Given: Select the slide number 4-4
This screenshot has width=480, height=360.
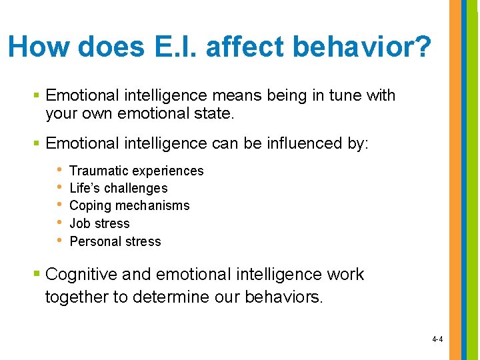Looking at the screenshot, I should click(x=437, y=339).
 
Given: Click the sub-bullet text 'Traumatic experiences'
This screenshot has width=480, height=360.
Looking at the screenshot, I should click(x=136, y=171).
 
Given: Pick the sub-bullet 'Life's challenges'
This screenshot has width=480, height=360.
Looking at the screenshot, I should click(x=118, y=189).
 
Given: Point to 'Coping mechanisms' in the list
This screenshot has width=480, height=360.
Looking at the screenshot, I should click(x=129, y=206).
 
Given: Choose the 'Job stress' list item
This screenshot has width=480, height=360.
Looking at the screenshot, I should click(x=99, y=224).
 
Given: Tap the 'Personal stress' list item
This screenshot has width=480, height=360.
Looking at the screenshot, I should click(x=115, y=241).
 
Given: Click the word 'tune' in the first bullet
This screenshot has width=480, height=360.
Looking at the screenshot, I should click(x=345, y=95).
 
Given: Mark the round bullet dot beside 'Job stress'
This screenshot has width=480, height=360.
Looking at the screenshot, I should click(x=59, y=223).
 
